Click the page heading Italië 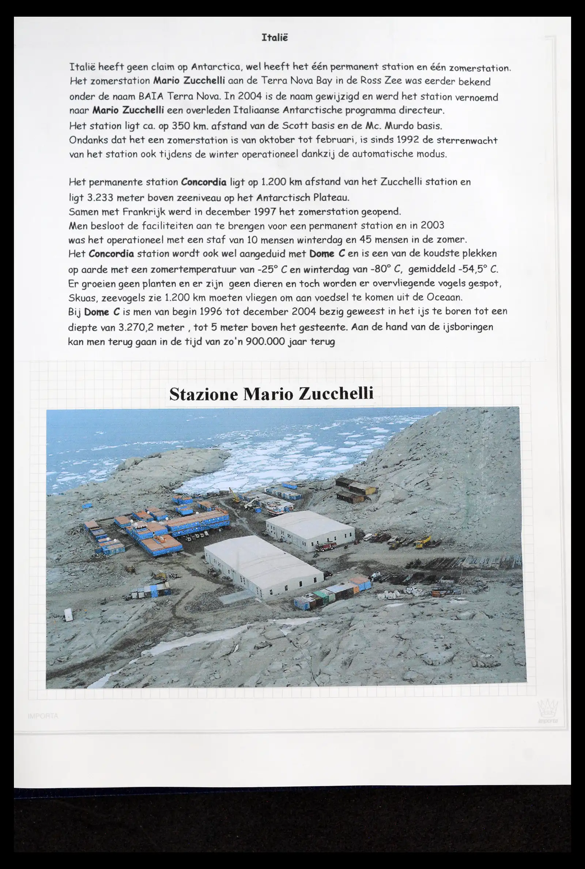(x=275, y=38)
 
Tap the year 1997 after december (x=265, y=211)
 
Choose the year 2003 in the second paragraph (x=432, y=225)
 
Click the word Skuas (x=80, y=297)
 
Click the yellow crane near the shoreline (x=235, y=495)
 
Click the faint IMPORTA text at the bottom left (x=43, y=716)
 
